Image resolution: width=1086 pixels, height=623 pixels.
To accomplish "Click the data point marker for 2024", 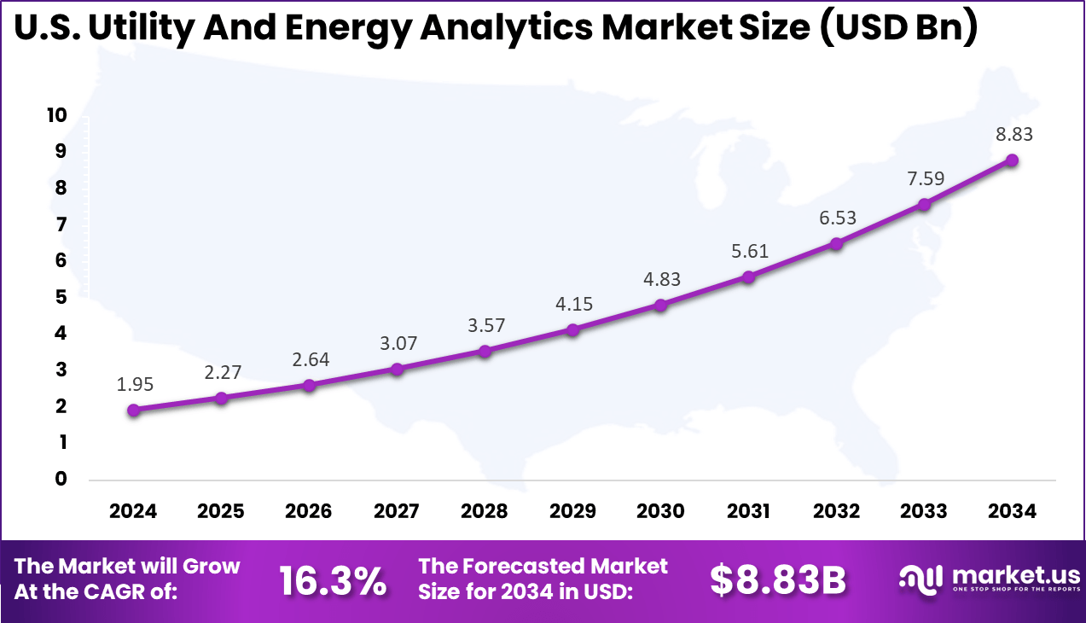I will click(x=134, y=410).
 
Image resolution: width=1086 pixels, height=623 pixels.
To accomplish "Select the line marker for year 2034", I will click(x=1012, y=160).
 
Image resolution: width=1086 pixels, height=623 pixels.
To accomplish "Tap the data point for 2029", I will click(x=572, y=329).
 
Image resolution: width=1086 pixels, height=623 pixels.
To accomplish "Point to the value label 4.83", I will click(x=660, y=279).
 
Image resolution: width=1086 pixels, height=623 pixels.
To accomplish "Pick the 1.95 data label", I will click(x=134, y=385).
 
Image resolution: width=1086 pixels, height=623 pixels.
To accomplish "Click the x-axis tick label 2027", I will click(x=397, y=511).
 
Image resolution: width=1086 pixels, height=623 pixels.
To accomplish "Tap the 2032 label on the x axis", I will click(x=836, y=511).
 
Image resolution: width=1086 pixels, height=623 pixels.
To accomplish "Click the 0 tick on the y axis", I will click(x=60, y=479).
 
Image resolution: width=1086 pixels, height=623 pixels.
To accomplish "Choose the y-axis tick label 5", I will click(x=60, y=297).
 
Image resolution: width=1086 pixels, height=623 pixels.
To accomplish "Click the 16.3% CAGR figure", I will click(x=333, y=581).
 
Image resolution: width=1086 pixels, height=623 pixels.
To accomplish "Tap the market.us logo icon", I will click(x=921, y=579).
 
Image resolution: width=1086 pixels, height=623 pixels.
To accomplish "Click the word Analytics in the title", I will click(x=502, y=29).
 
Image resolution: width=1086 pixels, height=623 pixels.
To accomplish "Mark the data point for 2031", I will click(x=748, y=277).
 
